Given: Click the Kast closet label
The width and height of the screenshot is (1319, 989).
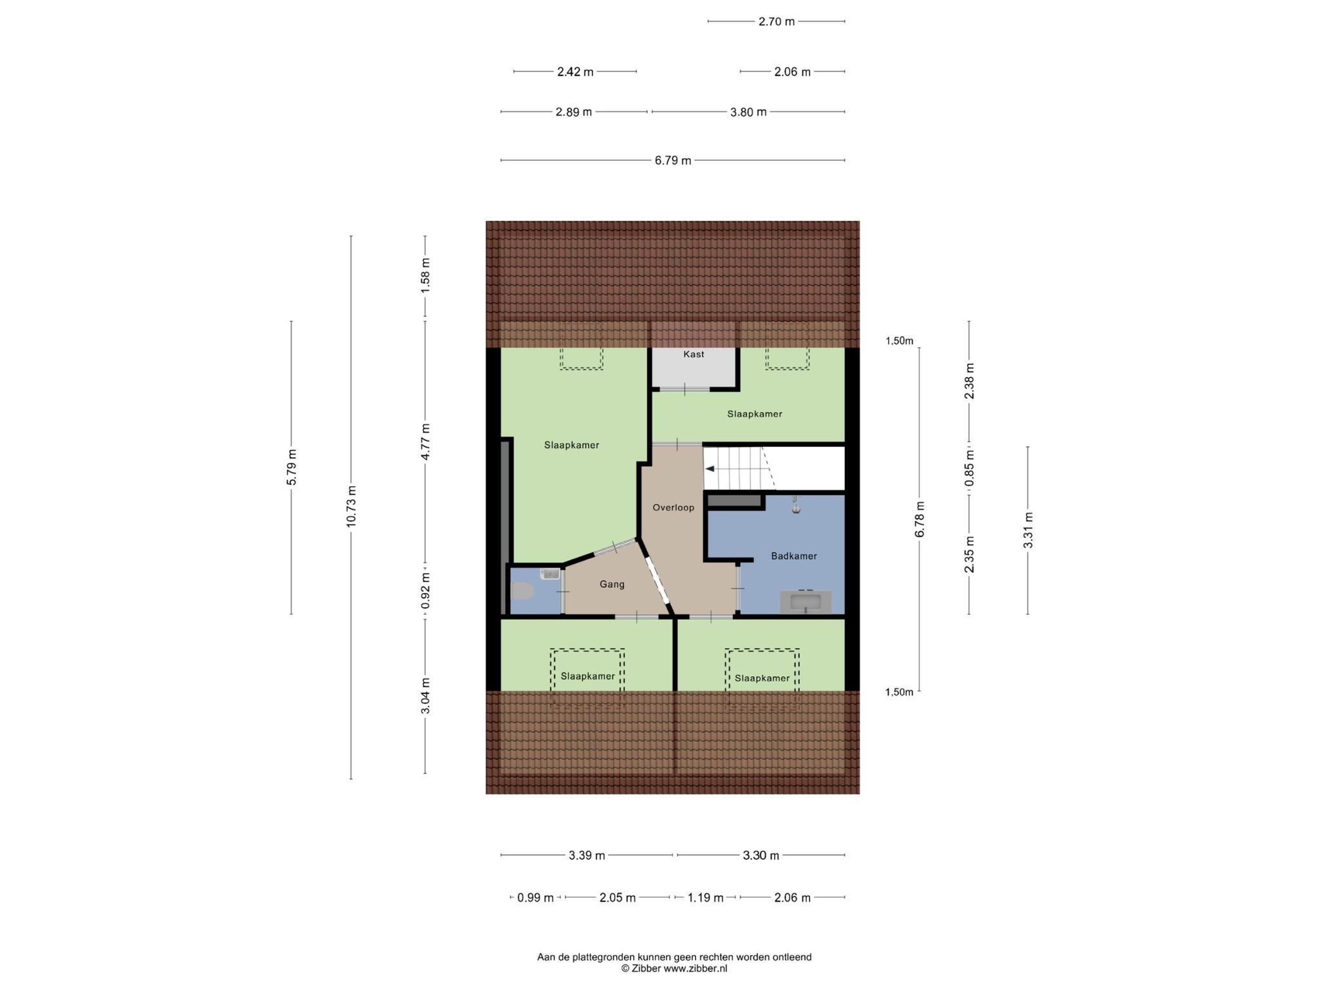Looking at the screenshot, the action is [x=694, y=354].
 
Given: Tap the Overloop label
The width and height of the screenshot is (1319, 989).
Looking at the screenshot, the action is [x=673, y=507].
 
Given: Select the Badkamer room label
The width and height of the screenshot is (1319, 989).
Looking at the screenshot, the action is [x=793, y=556].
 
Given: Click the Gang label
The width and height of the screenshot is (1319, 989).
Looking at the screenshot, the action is [x=612, y=584].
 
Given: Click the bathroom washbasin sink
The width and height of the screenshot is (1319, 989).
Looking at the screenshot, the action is [x=806, y=602].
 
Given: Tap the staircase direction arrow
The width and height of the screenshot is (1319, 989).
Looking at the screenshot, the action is [x=710, y=469].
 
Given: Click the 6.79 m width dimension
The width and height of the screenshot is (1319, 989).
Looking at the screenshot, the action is [x=673, y=160].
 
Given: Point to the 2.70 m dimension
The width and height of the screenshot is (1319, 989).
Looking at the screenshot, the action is [x=777, y=21].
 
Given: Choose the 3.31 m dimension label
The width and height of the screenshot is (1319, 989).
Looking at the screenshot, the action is [x=1028, y=530].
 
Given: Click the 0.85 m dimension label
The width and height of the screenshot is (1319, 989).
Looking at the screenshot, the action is [x=969, y=468].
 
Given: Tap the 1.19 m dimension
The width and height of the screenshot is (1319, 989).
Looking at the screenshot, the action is [x=705, y=898].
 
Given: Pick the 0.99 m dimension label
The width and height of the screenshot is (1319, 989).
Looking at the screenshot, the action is [x=536, y=898].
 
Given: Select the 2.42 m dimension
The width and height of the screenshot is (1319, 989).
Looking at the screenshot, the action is [x=575, y=72].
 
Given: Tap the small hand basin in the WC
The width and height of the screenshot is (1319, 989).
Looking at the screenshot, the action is [x=550, y=574].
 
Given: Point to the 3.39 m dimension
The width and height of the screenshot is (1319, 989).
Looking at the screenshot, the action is [x=587, y=856].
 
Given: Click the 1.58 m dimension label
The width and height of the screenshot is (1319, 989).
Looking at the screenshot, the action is [x=425, y=276].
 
